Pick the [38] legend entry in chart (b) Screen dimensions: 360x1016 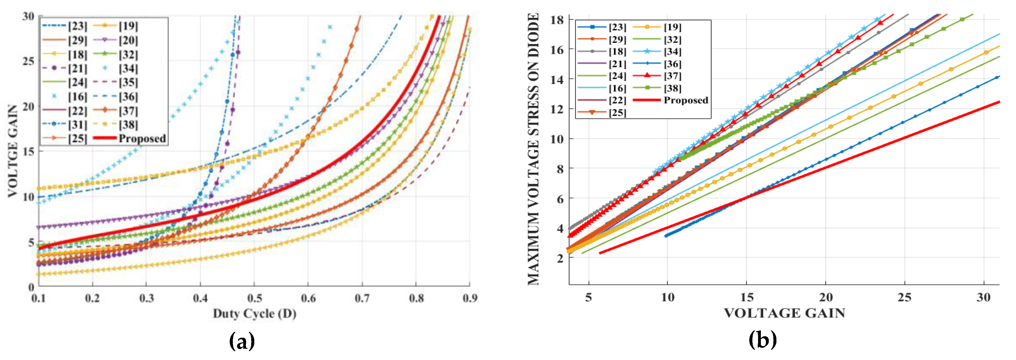[x=672, y=88]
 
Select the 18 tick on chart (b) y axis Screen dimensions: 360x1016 [x=557, y=20]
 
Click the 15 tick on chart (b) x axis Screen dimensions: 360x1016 [x=747, y=297]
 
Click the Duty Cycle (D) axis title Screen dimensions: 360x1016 [x=254, y=314]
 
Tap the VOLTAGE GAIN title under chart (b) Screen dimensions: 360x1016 [x=785, y=313]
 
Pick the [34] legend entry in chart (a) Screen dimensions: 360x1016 [x=128, y=69]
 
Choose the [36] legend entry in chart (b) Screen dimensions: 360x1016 [x=672, y=64]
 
